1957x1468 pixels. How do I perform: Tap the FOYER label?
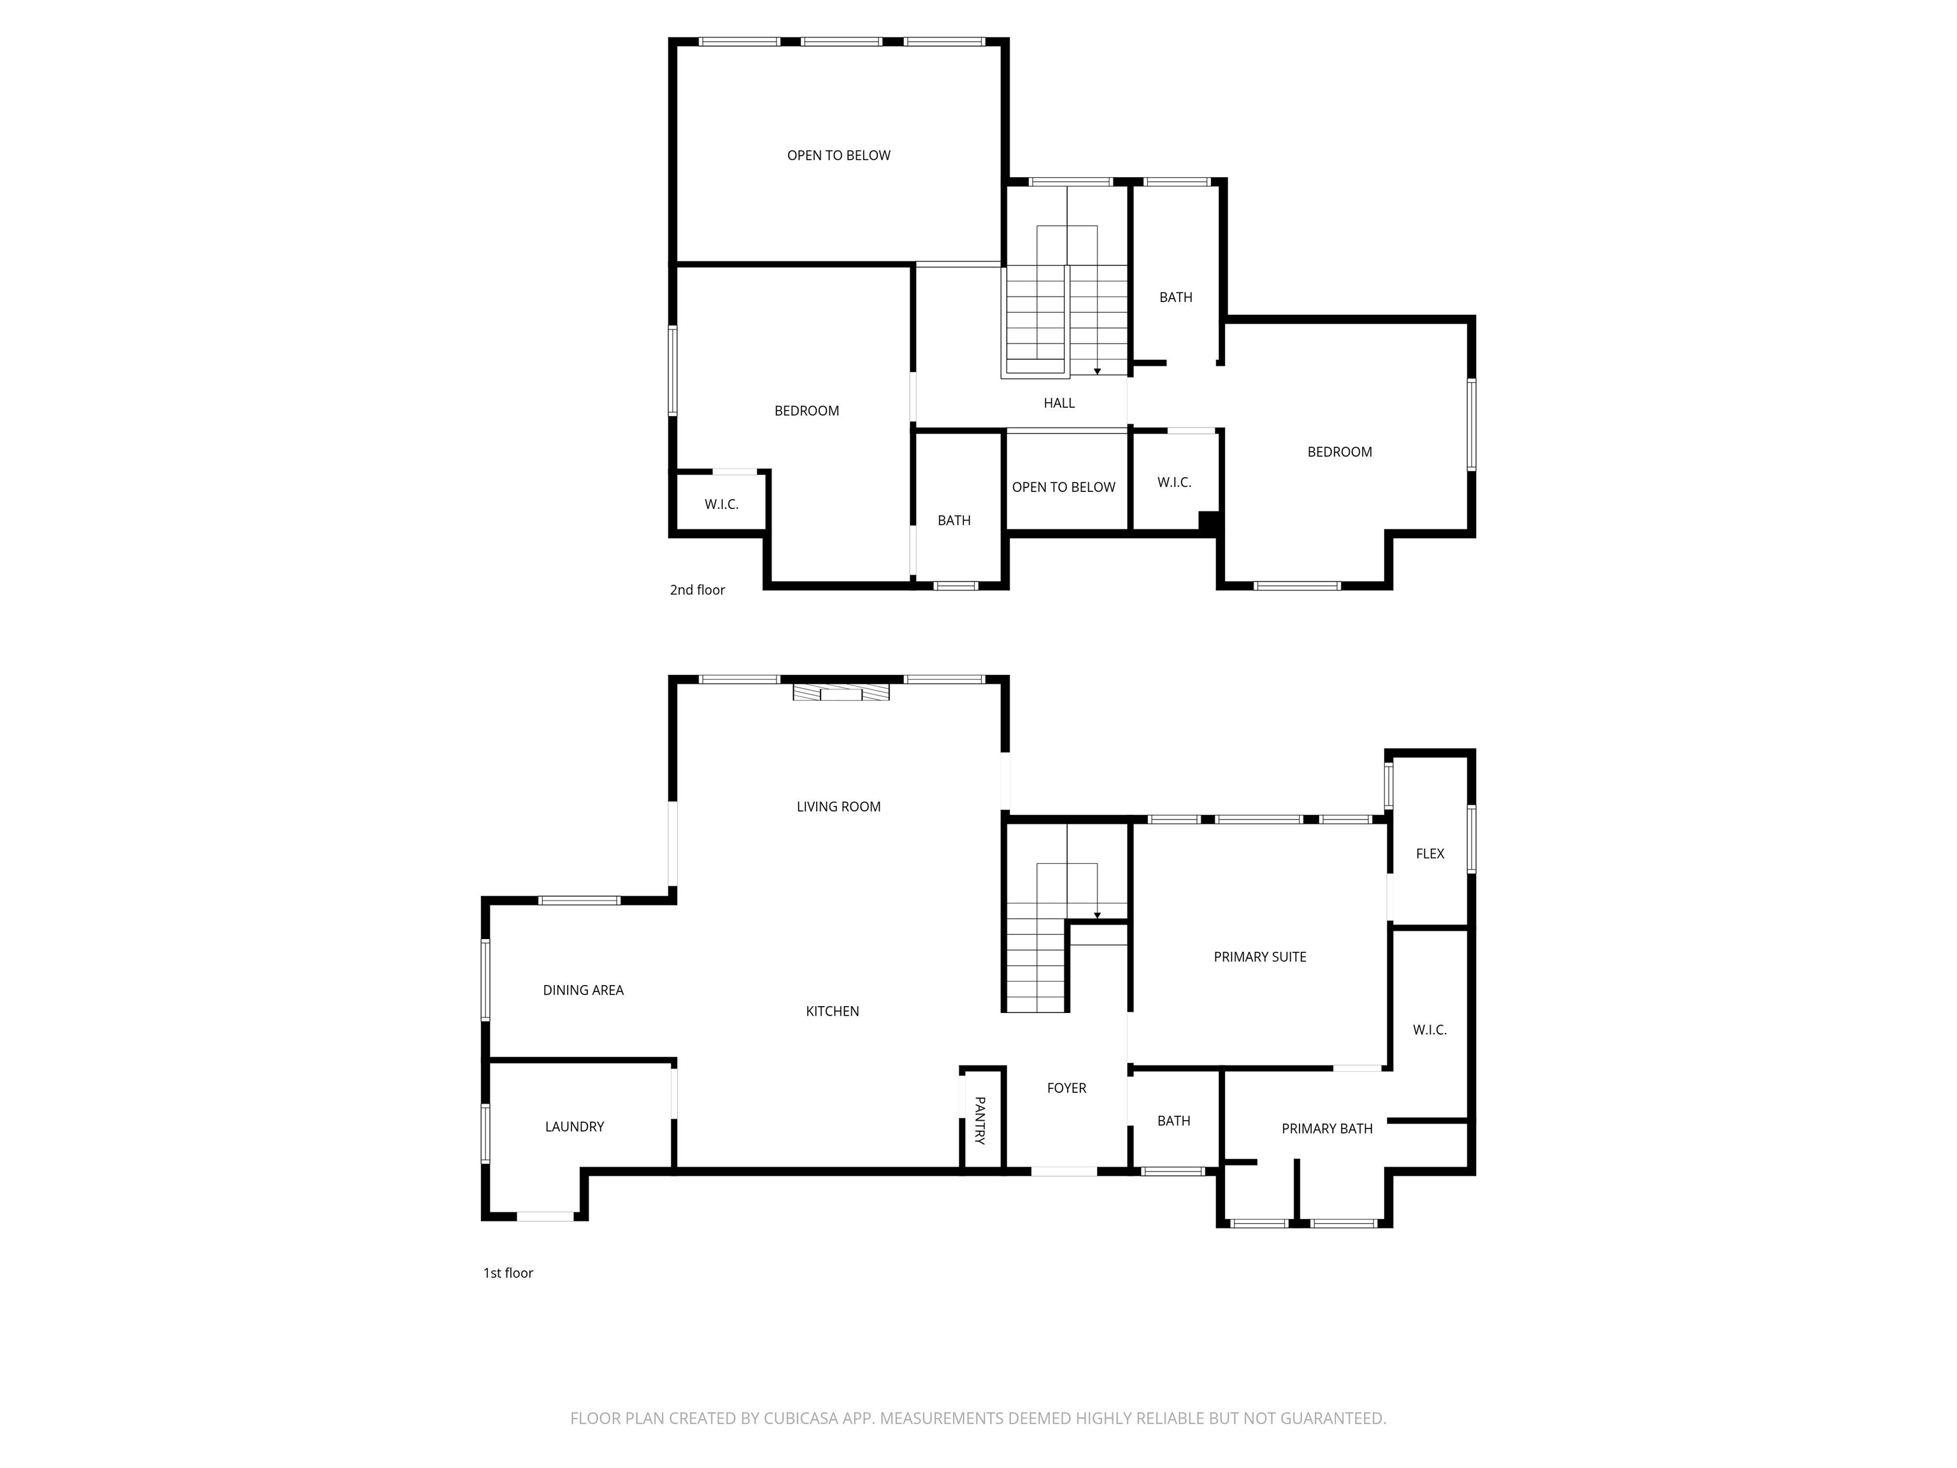point(1066,1088)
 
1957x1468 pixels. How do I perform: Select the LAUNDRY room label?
point(574,1126)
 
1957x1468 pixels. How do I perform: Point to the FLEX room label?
point(1430,854)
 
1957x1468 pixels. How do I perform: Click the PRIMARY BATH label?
point(1327,1128)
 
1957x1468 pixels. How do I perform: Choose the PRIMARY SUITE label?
point(1260,956)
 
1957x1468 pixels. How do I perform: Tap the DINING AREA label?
point(583,990)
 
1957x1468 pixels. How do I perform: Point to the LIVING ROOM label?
point(839,806)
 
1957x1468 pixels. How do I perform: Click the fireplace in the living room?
point(840,691)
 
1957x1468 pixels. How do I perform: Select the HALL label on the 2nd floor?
point(1059,403)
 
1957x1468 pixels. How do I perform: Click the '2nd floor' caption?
point(697,590)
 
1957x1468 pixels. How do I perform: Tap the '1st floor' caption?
point(508,1273)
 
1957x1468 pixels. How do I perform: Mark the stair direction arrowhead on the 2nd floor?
point(1097,371)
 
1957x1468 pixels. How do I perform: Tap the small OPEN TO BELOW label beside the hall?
point(1063,487)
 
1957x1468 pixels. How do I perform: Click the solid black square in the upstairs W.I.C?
point(1209,521)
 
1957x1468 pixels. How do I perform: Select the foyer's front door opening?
point(1065,1172)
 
